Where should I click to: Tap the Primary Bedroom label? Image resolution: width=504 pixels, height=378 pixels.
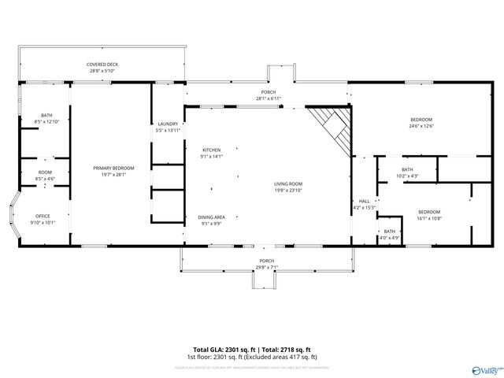click(x=114, y=168)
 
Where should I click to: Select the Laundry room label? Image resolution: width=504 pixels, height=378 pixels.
click(x=168, y=124)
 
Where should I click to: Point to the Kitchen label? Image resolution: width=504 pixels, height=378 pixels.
click(x=212, y=150)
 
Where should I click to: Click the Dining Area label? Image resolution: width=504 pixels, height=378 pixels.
click(x=211, y=217)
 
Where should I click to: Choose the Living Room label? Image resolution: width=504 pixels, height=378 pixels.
click(x=288, y=183)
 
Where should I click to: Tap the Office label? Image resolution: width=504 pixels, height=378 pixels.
click(x=43, y=216)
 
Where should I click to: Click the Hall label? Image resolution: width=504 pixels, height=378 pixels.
click(x=364, y=202)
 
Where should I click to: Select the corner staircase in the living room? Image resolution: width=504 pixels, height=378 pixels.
click(x=331, y=126)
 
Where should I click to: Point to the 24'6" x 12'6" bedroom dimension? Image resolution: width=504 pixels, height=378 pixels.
click(x=421, y=126)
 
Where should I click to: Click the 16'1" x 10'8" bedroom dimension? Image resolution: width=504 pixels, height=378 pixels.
click(x=428, y=217)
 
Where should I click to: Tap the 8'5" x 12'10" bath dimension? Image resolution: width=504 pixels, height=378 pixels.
click(x=47, y=122)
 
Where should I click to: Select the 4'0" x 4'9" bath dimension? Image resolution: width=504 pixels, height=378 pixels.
click(x=390, y=237)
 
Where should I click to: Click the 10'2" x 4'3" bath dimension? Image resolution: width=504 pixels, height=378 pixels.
click(x=407, y=176)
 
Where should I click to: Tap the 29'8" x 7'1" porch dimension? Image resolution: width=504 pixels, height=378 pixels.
click(x=267, y=267)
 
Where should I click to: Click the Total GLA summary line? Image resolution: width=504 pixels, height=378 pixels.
click(x=252, y=349)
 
